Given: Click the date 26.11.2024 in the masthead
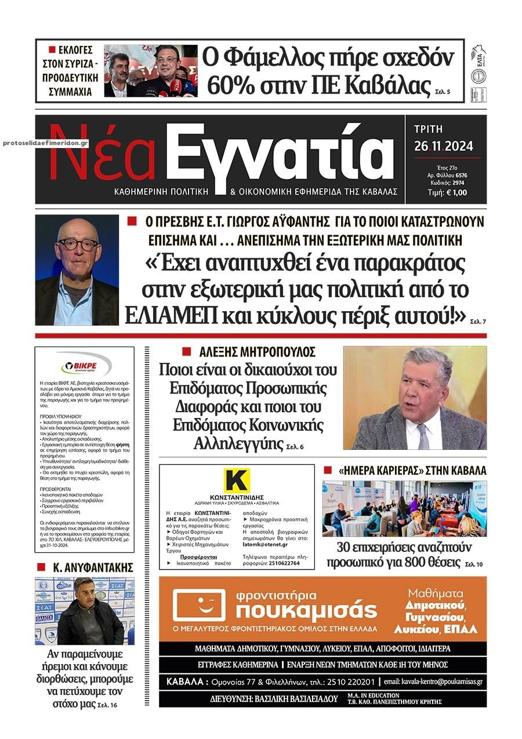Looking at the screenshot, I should pos(444,146).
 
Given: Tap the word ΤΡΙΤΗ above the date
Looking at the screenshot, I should pos(429,129).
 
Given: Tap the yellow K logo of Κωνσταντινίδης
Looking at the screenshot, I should pos(237,481).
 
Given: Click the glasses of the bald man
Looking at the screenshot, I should pos(77,244).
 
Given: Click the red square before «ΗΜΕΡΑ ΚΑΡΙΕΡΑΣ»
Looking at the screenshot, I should pos(327,470).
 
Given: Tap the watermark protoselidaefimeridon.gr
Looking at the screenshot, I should pos(45,143).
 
